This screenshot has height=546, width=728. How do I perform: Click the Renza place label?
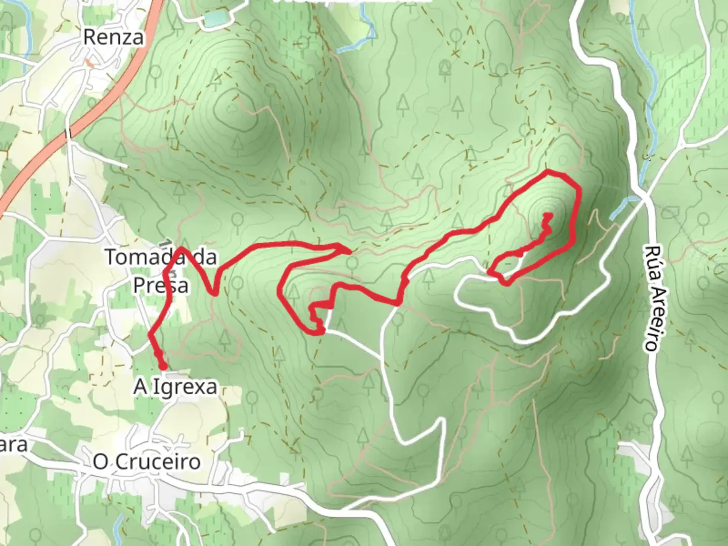[x=113, y=37]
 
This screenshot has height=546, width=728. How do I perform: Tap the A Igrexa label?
[x=175, y=387]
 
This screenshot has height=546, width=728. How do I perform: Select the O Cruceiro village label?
[x=147, y=462]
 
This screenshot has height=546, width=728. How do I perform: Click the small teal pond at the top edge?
[x=214, y=20]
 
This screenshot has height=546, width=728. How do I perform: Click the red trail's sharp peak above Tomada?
[x=182, y=248]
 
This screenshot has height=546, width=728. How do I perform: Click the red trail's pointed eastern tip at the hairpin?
[x=350, y=250]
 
